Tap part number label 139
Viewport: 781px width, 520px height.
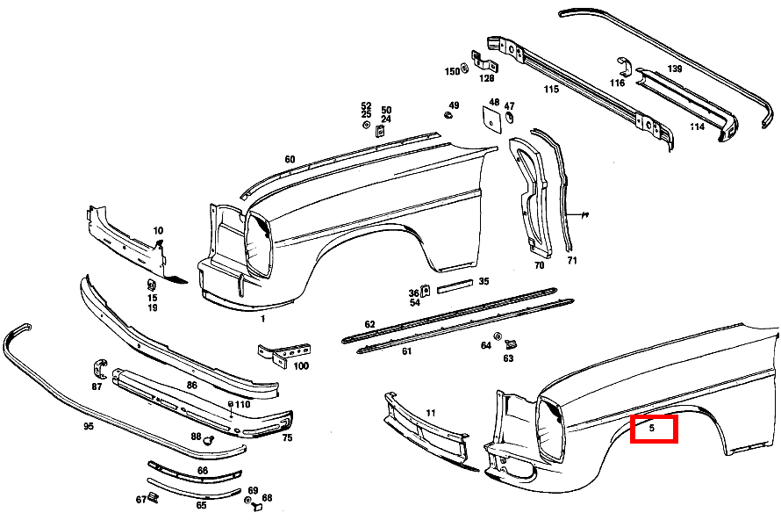(x=675, y=69)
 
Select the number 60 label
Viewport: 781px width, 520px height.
(x=290, y=160)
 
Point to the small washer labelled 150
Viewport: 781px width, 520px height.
(x=465, y=68)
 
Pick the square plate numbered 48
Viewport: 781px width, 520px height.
(x=491, y=120)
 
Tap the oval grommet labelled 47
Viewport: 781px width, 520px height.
(x=510, y=119)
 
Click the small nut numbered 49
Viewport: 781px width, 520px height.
(x=448, y=116)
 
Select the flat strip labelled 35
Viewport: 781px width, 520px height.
(x=455, y=286)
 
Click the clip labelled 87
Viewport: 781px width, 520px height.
(x=100, y=368)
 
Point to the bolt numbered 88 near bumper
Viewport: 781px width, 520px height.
(x=210, y=440)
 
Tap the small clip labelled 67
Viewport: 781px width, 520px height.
(x=154, y=496)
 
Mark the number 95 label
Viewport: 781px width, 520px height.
(x=88, y=426)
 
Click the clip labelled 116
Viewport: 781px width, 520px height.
(x=625, y=68)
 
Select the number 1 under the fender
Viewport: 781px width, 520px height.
(x=263, y=319)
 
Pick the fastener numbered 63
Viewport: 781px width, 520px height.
(x=511, y=344)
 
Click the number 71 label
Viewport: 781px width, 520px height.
(x=572, y=260)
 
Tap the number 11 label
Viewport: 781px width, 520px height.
(x=431, y=413)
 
